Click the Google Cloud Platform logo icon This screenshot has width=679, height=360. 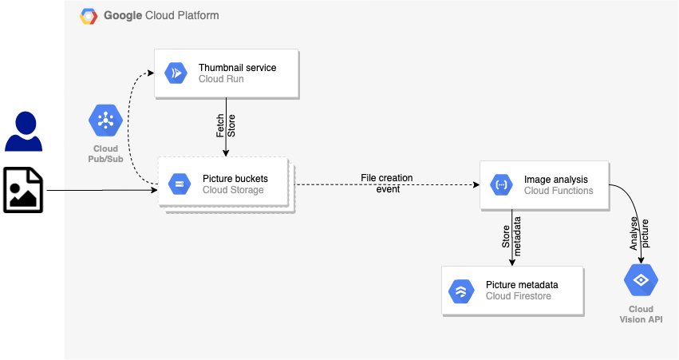(89, 16)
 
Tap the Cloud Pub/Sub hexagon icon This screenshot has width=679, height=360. (105, 121)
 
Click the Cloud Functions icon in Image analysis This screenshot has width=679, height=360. (501, 185)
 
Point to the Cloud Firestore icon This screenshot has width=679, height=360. (460, 291)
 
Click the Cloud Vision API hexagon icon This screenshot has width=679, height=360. (640, 280)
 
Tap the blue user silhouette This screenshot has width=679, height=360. (24, 132)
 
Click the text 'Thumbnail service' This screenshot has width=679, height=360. (238, 68)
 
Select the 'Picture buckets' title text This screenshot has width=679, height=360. (235, 179)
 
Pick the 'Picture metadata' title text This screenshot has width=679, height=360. (522, 285)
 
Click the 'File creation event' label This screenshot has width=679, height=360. (388, 184)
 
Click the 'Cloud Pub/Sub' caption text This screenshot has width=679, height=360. (105, 153)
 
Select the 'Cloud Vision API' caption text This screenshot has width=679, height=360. (641, 314)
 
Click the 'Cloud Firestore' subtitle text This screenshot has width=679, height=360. (519, 296)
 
